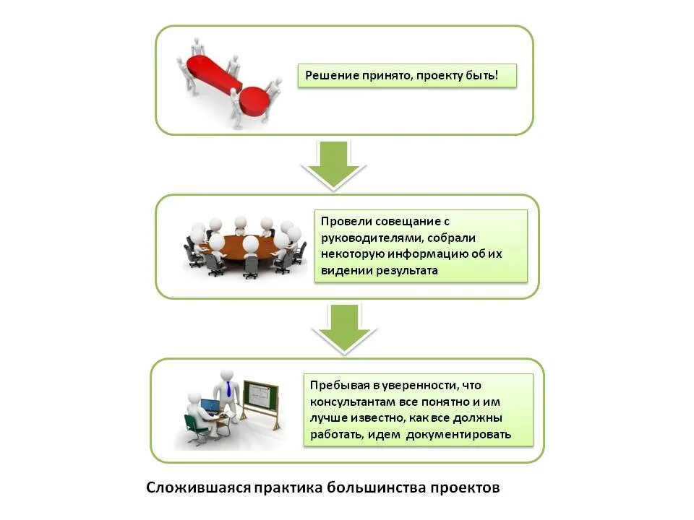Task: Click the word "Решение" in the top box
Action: click(x=330, y=75)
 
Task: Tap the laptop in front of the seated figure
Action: click(x=209, y=407)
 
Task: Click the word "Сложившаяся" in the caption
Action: click(x=197, y=487)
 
